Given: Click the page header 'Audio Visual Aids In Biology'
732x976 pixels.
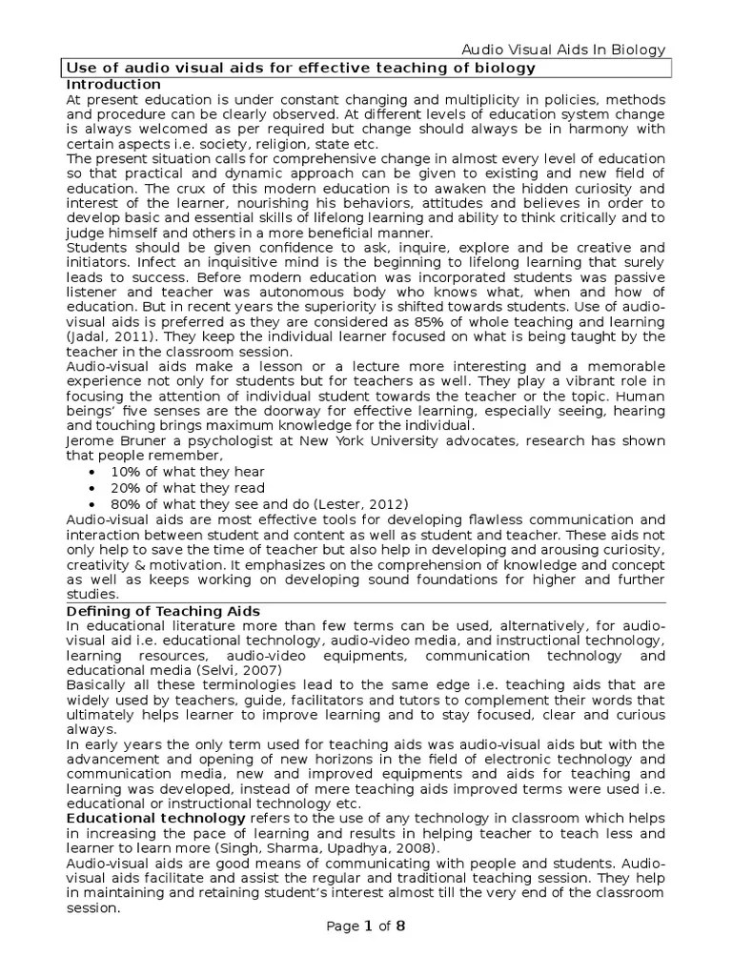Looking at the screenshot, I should click(564, 51).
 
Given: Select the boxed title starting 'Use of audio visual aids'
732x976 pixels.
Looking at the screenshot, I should click(298, 69).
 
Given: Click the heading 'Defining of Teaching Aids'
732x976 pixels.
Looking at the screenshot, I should click(162, 610).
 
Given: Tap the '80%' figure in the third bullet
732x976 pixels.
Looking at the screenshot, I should click(127, 503).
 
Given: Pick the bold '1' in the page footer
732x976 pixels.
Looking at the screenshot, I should click(367, 925).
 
